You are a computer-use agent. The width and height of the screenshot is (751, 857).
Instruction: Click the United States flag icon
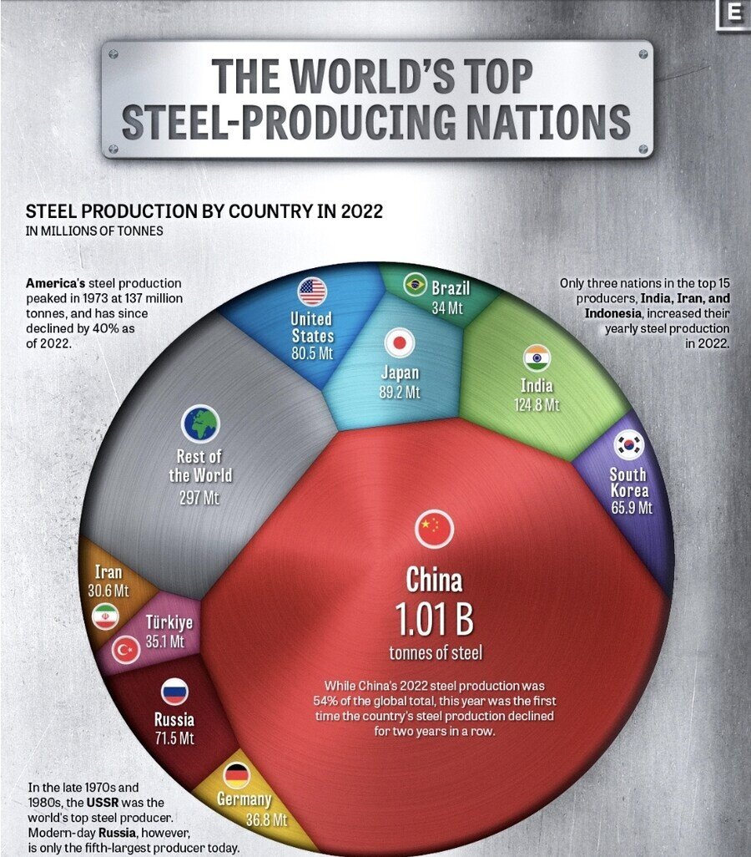[312, 292]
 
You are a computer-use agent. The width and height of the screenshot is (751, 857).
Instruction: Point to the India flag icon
[536, 358]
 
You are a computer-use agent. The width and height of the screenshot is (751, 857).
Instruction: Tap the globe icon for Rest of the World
[199, 423]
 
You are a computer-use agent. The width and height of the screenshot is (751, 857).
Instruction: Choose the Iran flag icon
[105, 616]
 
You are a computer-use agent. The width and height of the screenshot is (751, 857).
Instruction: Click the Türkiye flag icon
[127, 650]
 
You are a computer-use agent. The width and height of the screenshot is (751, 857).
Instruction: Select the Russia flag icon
[174, 692]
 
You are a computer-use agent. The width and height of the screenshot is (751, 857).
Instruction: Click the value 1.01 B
[434, 621]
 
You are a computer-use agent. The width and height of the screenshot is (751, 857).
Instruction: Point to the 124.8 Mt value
[536, 405]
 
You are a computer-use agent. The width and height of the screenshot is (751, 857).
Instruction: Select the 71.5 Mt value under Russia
[174, 738]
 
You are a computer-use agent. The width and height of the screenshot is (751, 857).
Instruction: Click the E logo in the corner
[734, 14]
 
